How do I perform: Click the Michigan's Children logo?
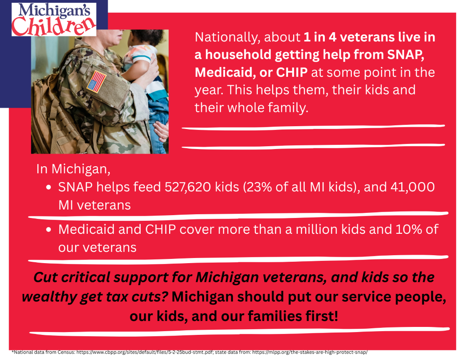click(x=54, y=20)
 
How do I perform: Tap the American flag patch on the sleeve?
click(x=96, y=82)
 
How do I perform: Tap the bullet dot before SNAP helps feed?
click(x=49, y=187)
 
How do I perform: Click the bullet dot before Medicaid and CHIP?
click(x=49, y=230)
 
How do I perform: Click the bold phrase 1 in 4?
click(x=320, y=37)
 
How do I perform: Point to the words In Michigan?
click(x=74, y=169)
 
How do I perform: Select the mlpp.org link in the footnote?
click(x=310, y=352)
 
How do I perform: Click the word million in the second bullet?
click(x=317, y=229)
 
